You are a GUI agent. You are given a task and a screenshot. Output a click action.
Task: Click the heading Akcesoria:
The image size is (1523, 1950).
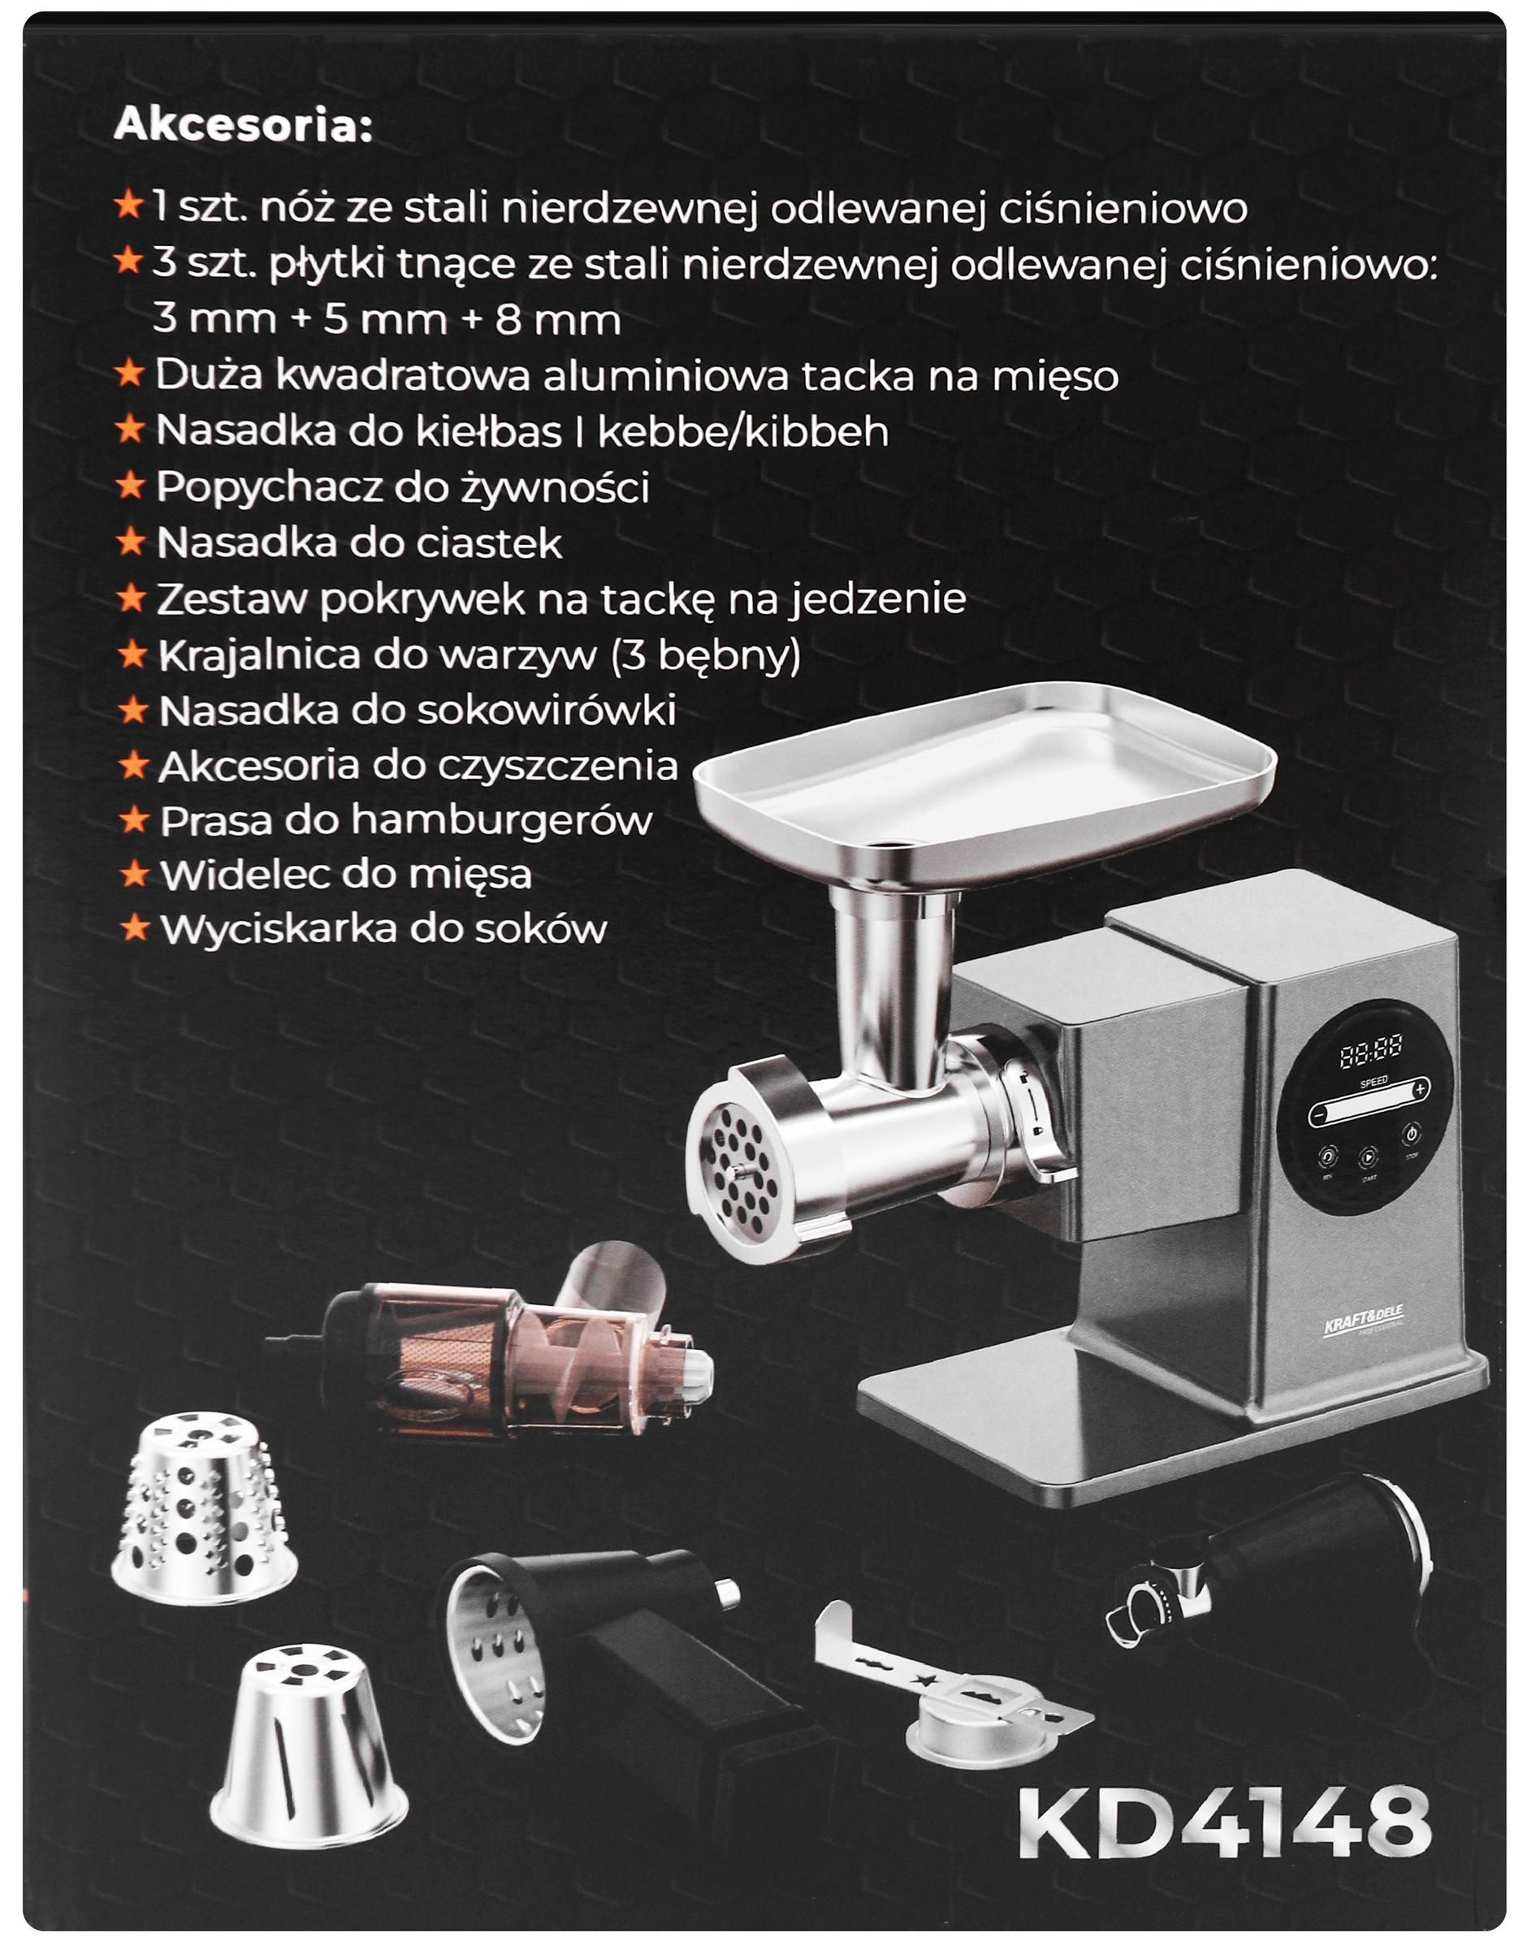tap(243, 126)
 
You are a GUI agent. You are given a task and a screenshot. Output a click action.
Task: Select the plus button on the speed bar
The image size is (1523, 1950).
tap(1420, 1088)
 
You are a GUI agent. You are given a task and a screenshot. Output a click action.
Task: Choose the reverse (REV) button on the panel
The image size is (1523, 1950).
tap(1327, 1157)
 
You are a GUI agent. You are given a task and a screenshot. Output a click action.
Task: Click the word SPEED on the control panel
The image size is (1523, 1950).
tap(1373, 1082)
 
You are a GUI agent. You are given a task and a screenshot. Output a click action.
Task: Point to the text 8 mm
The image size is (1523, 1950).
tap(558, 320)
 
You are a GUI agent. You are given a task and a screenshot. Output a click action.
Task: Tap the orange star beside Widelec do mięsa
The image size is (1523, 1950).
tap(134, 874)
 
